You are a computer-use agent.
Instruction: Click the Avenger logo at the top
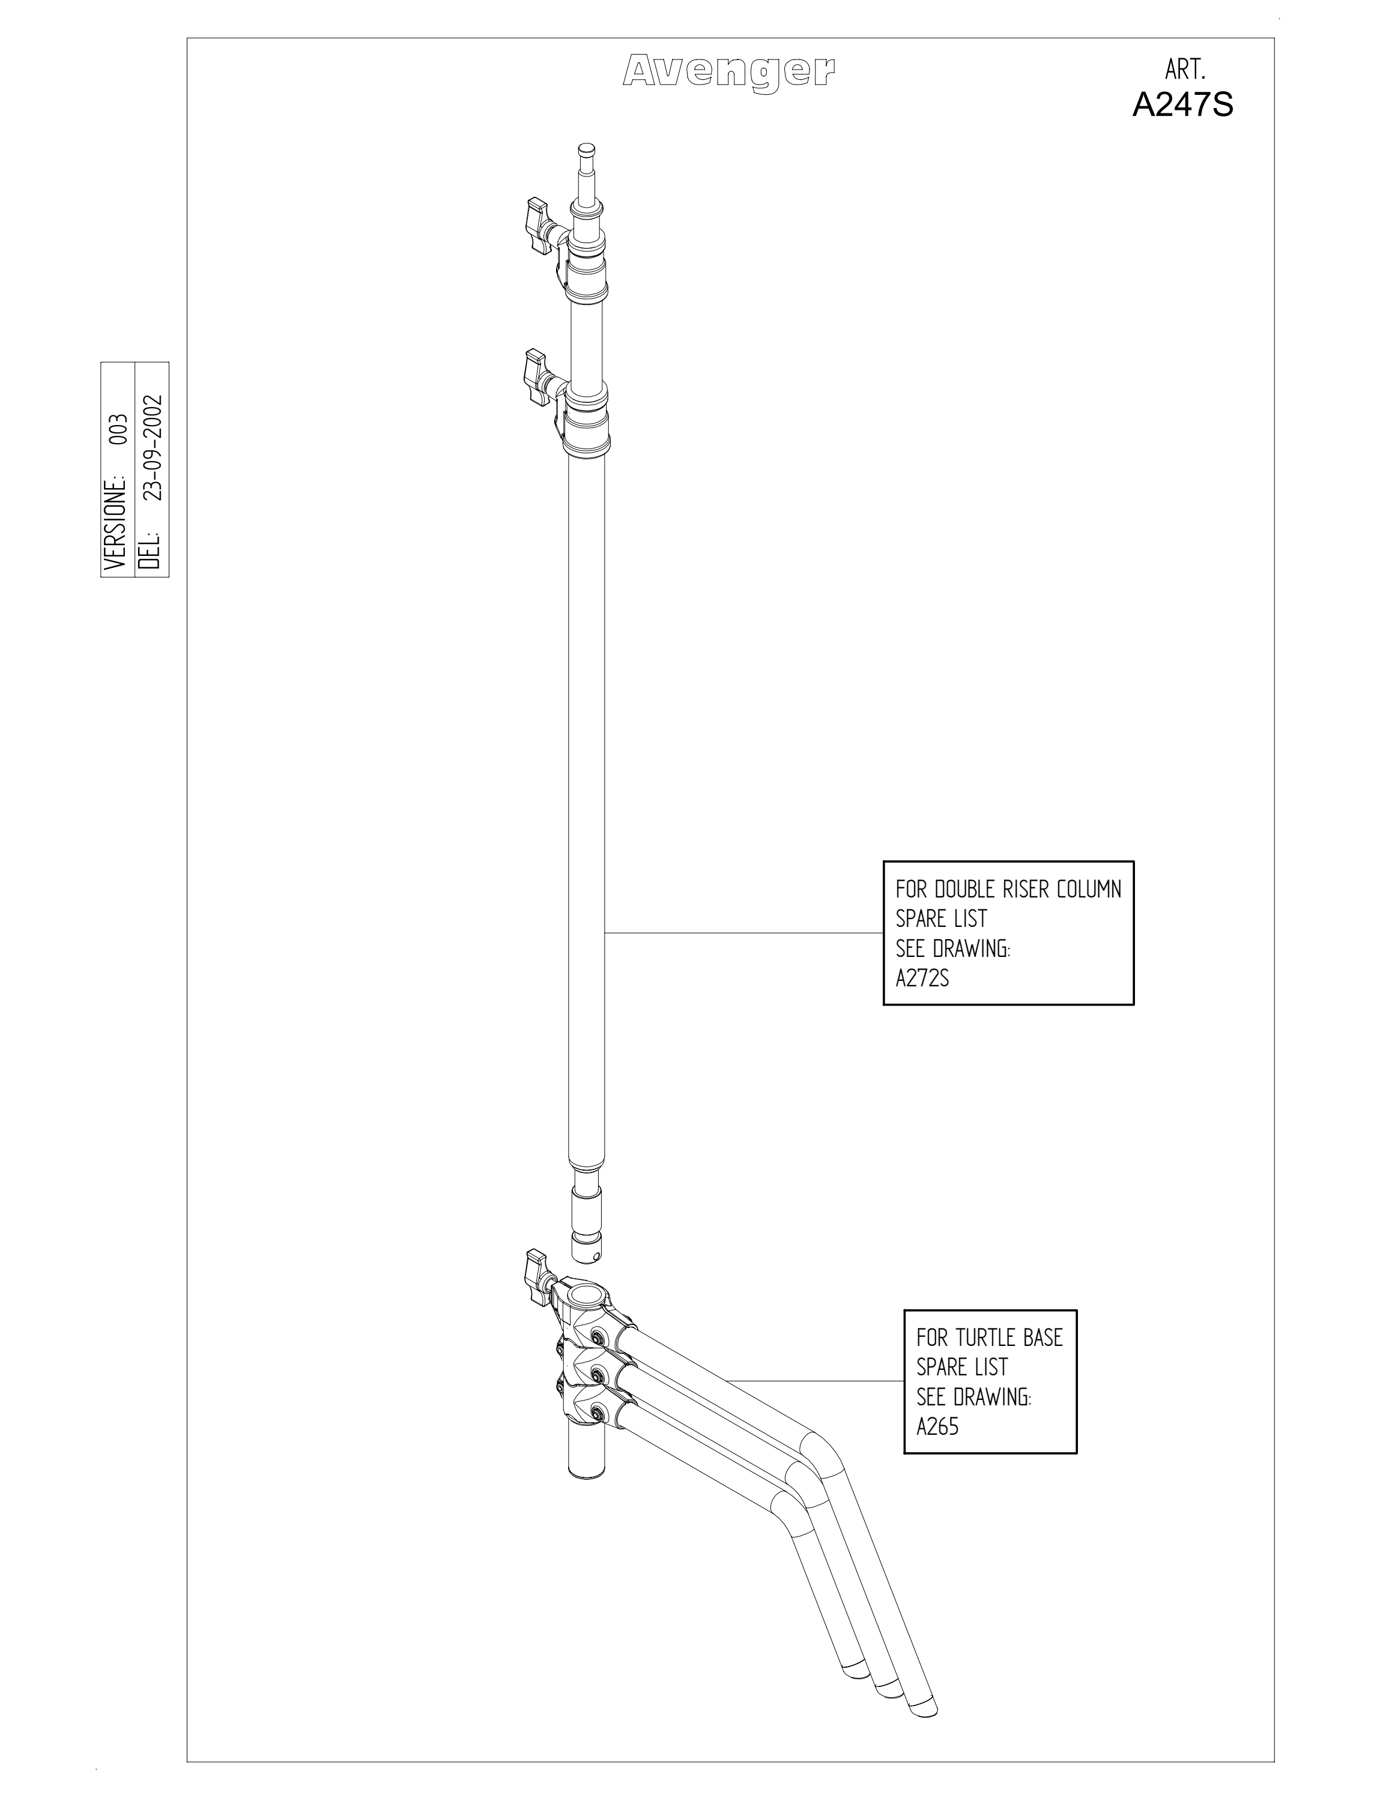[728, 73]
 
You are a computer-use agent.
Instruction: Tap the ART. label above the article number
[1185, 69]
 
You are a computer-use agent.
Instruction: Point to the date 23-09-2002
[153, 448]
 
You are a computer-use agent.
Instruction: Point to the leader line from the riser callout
[744, 933]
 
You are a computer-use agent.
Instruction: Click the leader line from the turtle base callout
[815, 1380]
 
